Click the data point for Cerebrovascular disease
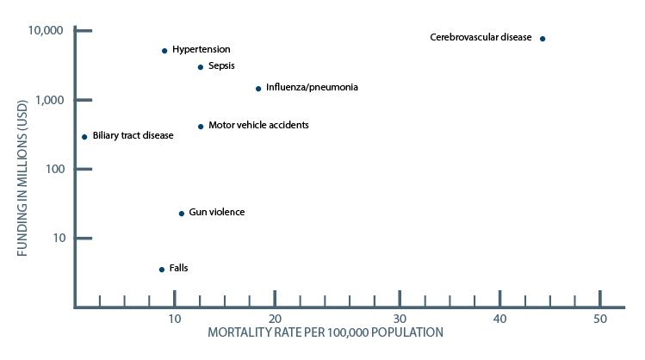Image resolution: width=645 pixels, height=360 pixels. click(543, 39)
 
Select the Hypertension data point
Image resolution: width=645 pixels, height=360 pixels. click(164, 51)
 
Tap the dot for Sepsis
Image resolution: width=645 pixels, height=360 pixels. click(201, 67)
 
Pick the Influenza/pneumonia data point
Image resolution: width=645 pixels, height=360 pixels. click(258, 89)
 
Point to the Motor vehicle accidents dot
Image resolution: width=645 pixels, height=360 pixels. click(201, 127)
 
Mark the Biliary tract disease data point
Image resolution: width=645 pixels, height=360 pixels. click(84, 137)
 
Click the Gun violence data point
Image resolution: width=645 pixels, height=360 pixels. click(181, 214)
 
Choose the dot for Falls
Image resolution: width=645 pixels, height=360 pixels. click(162, 270)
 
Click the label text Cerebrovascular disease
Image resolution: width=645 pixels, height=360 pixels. click(481, 37)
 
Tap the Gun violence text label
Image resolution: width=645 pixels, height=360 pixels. click(217, 212)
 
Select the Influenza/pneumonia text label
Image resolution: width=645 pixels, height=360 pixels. click(312, 87)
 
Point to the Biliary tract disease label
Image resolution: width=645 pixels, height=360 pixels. click(133, 135)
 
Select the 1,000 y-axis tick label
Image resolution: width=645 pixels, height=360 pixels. click(49, 100)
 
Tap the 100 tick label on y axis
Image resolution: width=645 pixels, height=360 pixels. click(53, 169)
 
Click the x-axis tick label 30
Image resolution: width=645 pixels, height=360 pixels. click(400, 320)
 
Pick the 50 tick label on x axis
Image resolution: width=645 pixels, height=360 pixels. click(600, 320)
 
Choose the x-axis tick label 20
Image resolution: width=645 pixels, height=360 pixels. click(275, 320)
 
